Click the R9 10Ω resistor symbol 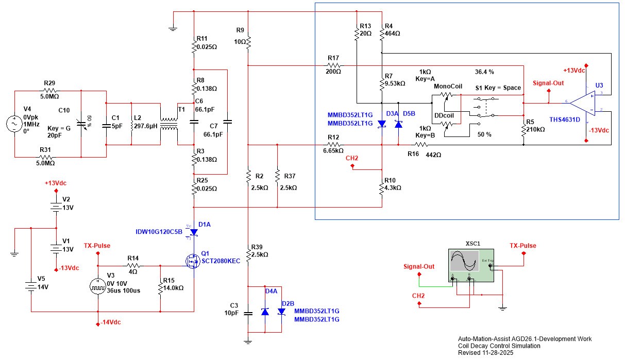tap(248, 40)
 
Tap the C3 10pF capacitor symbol tap(248, 312)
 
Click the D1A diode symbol tap(194, 232)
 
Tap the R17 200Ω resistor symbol tap(333, 65)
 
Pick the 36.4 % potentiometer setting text tap(484, 72)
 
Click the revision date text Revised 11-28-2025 tap(486, 353)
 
